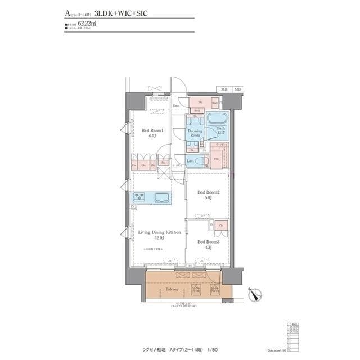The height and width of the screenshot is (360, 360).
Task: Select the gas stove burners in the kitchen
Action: [139, 197]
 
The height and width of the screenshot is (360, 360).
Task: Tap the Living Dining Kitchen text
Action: [159, 231]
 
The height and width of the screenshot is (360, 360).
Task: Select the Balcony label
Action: [172, 289]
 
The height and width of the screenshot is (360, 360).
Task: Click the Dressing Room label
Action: [195, 133]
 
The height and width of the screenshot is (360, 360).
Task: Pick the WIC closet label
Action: [216, 159]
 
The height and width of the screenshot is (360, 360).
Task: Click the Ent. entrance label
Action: [176, 105]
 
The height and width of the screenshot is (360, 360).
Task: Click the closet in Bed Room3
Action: [222, 226]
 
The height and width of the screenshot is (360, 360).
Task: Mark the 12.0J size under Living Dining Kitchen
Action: [159, 237]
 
